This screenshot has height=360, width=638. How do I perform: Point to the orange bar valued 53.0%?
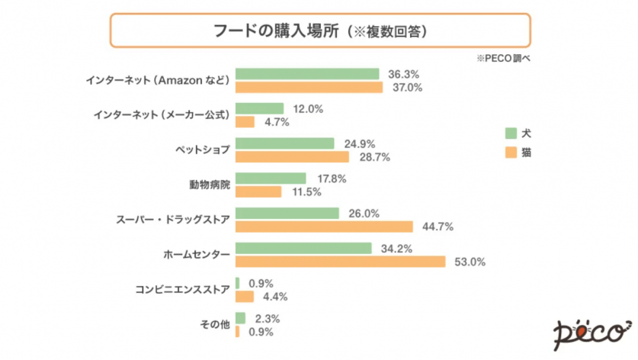click(341, 262)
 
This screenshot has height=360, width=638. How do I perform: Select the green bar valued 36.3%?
click(308, 74)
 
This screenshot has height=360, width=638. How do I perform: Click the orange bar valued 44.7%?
click(324, 227)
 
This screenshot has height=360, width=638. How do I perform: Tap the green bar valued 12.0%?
click(260, 109)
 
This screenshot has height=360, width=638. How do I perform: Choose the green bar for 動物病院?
click(271, 178)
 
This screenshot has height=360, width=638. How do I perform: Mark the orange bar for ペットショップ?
click(293, 156)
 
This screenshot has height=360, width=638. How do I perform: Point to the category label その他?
click(215, 325)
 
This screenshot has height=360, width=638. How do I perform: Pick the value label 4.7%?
click(273, 122)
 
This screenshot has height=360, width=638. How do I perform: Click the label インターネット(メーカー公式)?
click(162, 115)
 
